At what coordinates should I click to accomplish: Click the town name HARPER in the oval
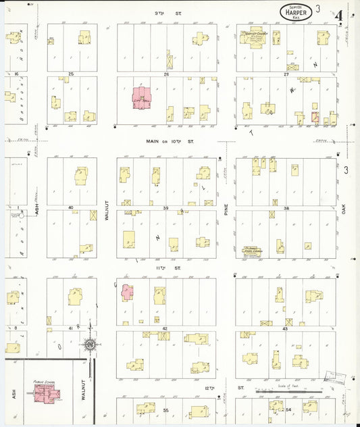(x=297, y=11)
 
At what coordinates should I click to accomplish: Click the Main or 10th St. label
(x=170, y=141)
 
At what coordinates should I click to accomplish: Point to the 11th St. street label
(x=161, y=268)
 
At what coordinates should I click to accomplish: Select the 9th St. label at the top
(x=159, y=13)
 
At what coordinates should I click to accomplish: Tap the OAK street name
(x=343, y=210)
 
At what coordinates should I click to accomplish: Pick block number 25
(x=70, y=74)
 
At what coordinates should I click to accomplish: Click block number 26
(x=165, y=74)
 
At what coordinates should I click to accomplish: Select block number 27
(x=286, y=74)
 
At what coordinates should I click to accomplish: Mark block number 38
(x=286, y=208)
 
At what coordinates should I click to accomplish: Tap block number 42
(x=165, y=328)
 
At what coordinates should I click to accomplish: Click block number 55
(x=165, y=410)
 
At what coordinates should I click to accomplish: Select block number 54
(x=288, y=410)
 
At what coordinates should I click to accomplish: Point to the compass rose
(x=88, y=347)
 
